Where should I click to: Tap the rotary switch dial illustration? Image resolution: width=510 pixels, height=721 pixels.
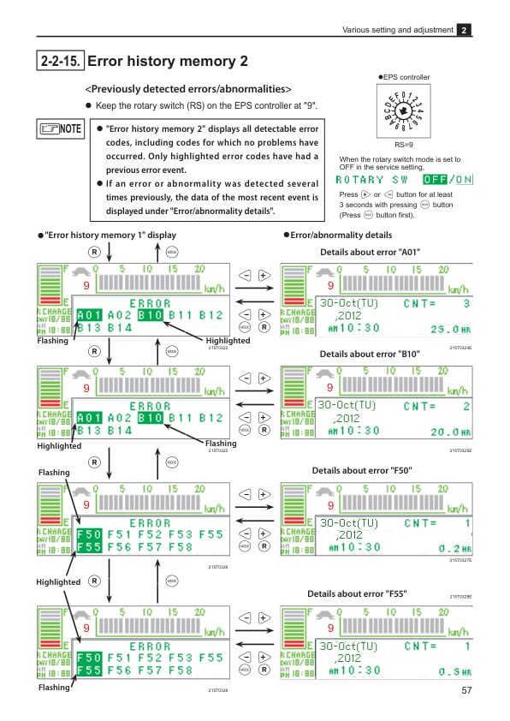point(404,112)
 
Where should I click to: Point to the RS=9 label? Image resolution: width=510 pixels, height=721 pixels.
point(404,146)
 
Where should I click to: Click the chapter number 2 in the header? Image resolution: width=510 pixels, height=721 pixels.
point(465,30)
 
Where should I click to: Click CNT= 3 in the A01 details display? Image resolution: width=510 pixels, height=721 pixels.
point(436,303)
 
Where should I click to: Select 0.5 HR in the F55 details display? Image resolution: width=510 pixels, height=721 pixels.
point(454,672)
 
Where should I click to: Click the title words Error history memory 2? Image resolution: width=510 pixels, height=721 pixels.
point(168,61)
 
